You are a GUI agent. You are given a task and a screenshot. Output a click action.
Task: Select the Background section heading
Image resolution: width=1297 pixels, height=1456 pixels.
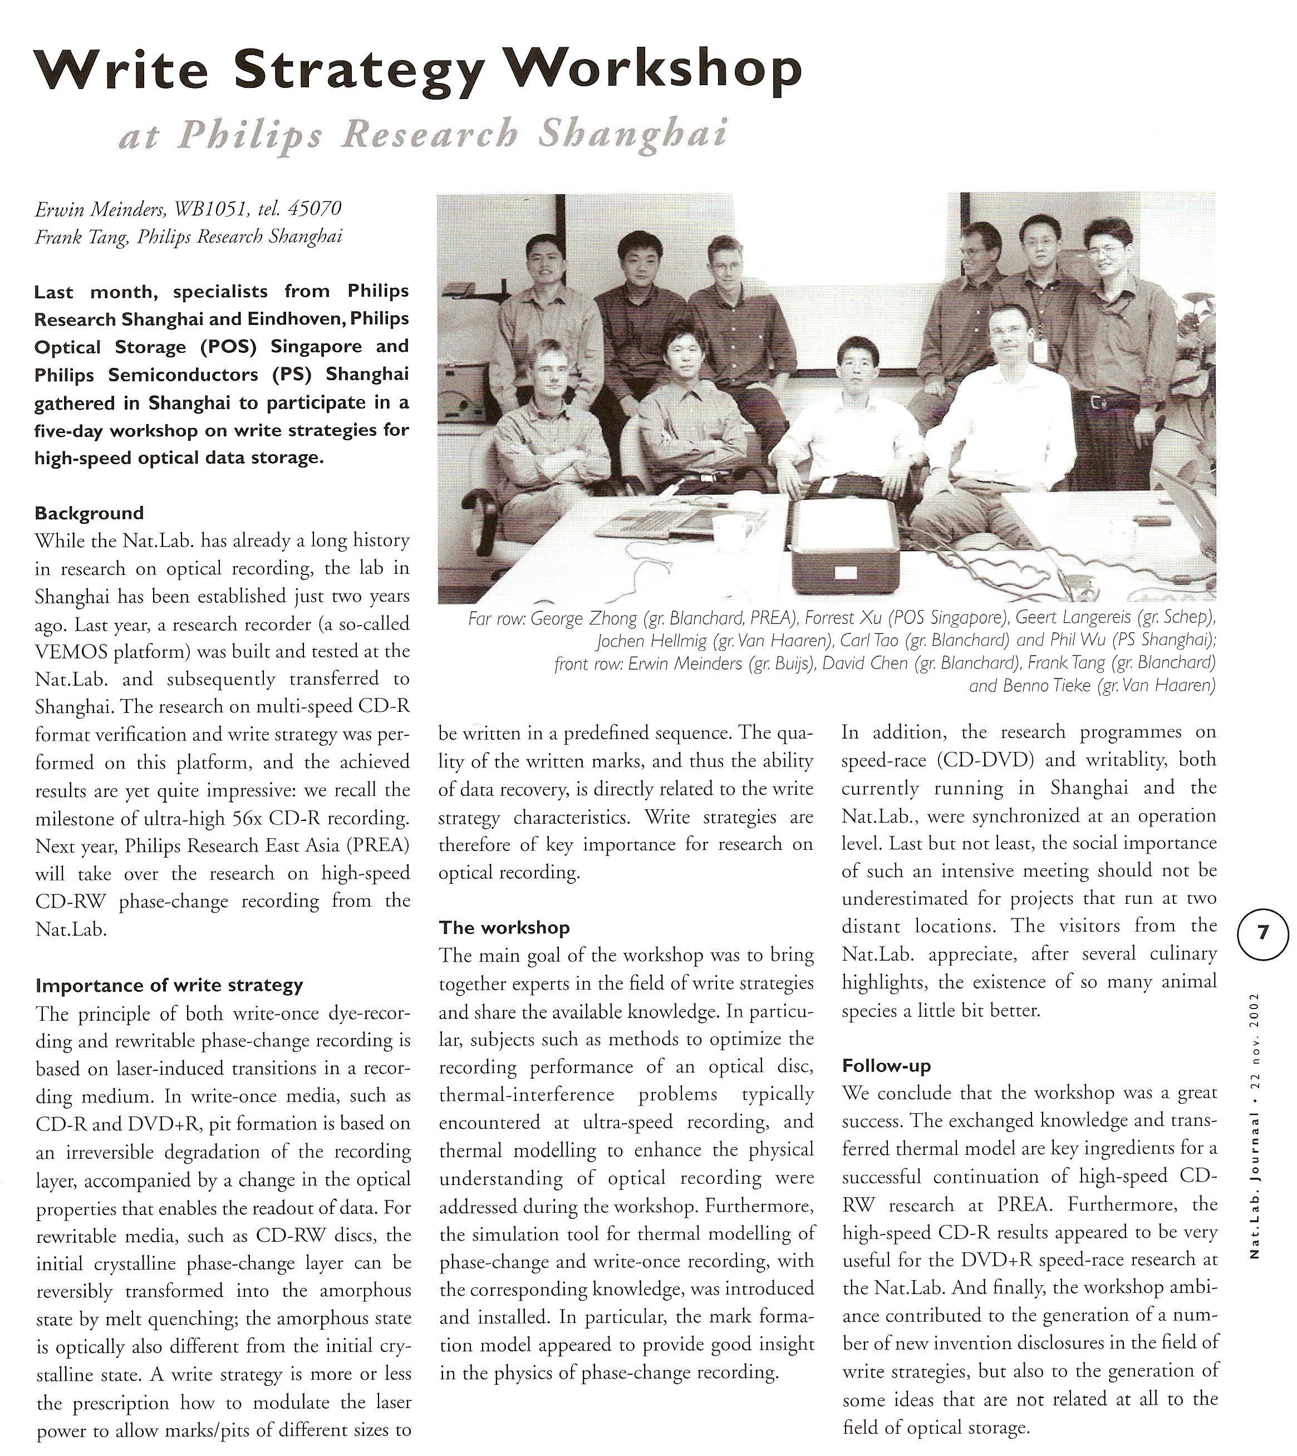[89, 513]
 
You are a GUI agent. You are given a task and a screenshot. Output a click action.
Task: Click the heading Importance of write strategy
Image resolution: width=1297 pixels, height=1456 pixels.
[169, 986]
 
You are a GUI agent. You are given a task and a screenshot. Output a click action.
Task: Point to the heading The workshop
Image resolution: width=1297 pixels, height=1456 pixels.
[504, 927]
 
